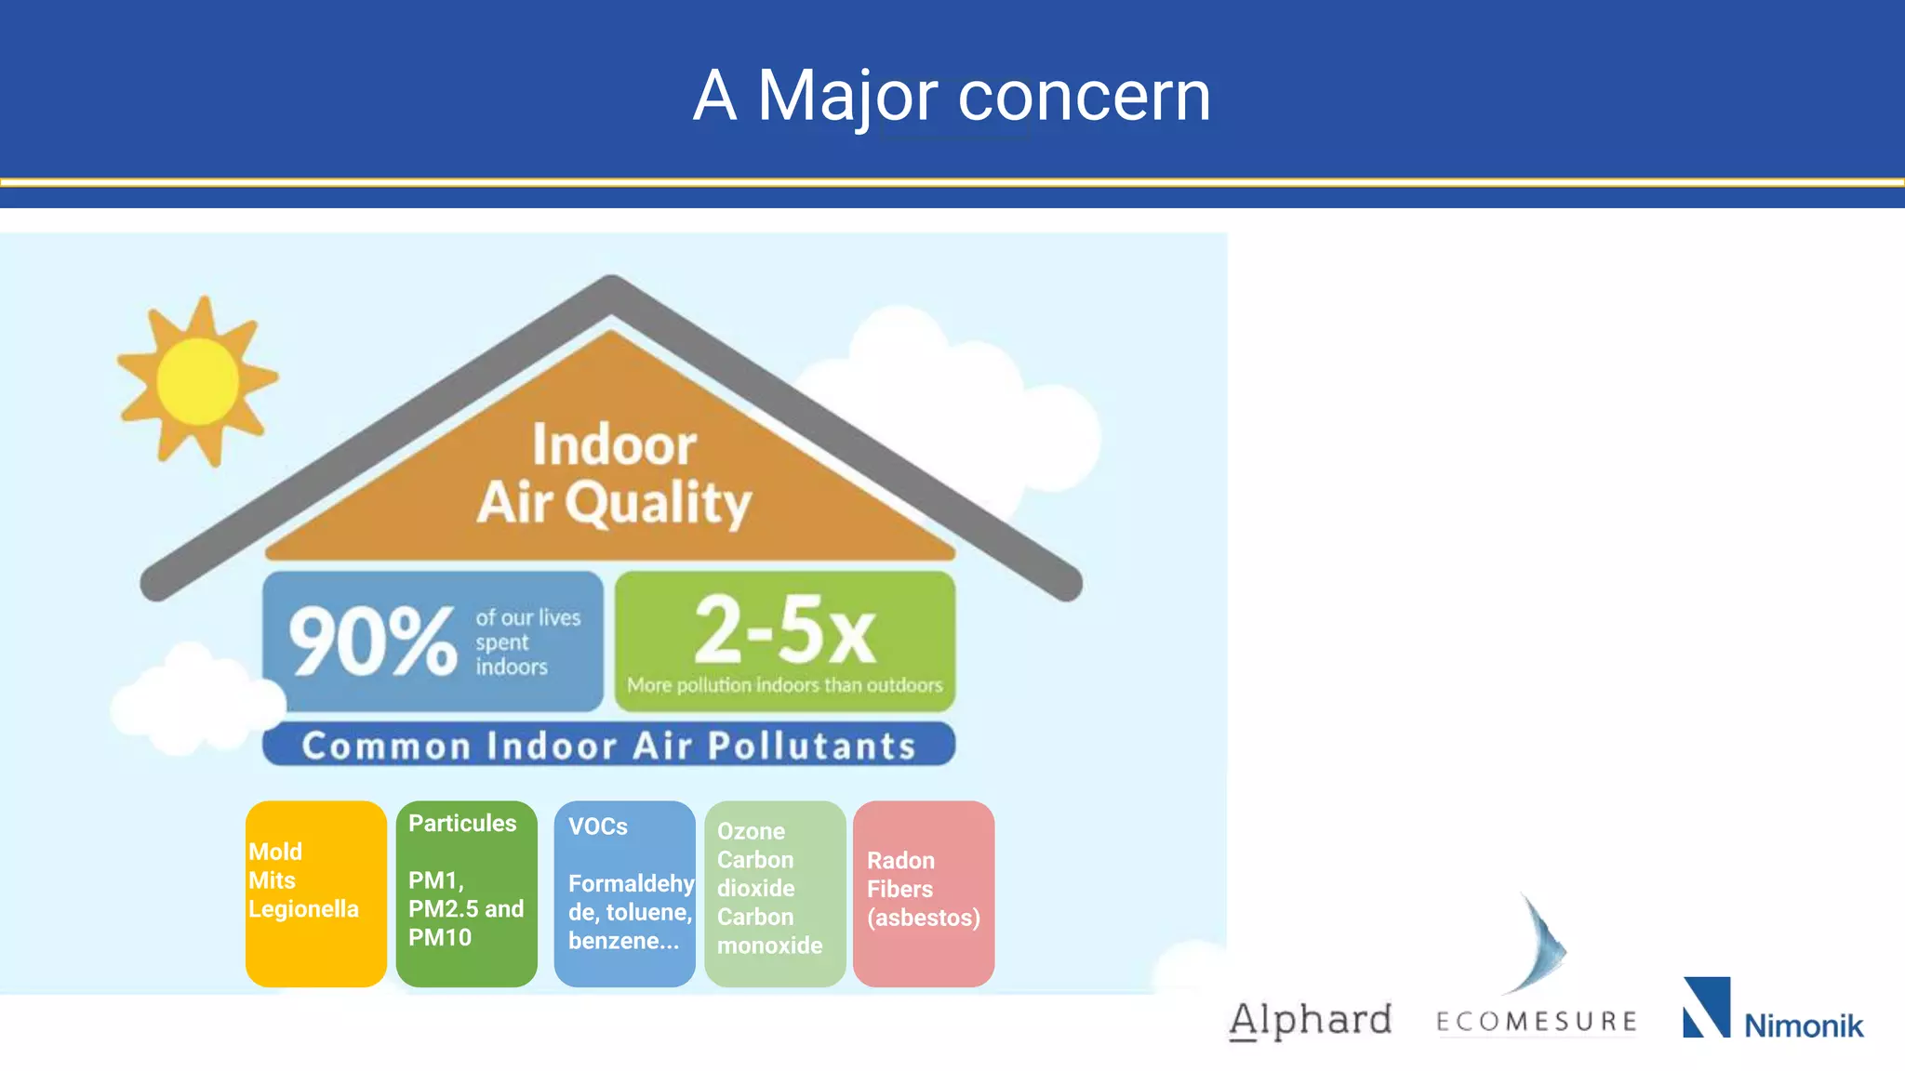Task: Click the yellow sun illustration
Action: (197, 381)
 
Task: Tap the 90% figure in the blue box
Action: (372, 641)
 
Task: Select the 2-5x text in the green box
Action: (784, 629)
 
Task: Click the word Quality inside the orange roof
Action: (658, 504)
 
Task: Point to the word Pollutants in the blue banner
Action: (812, 747)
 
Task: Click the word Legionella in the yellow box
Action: (303, 909)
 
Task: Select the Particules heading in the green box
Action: (462, 824)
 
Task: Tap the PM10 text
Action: (440, 937)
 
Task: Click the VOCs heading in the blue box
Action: (598, 826)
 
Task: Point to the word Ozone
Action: (751, 831)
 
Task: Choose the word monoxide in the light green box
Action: (769, 945)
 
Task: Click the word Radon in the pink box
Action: (900, 860)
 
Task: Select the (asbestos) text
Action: (924, 918)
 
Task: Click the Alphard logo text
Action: (1311, 1020)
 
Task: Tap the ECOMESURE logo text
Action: (1537, 1022)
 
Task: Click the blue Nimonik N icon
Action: (1707, 1007)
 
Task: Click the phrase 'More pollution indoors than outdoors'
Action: (784, 685)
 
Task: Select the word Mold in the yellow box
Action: (275, 852)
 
